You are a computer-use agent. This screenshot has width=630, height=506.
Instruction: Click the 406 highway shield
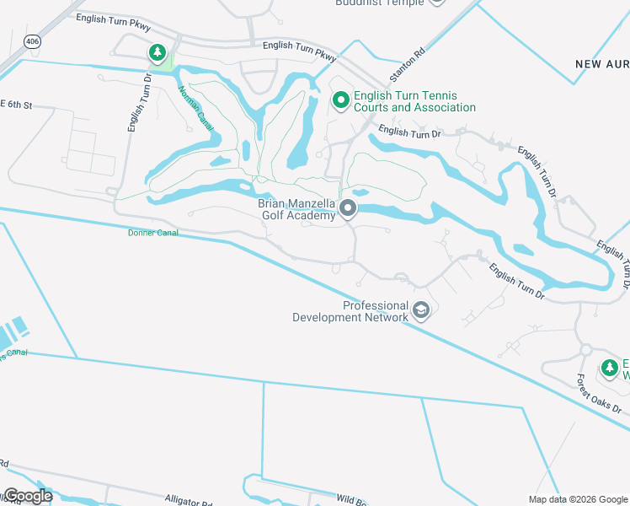coord(32,40)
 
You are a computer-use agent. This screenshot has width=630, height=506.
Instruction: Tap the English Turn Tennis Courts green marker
coord(341,101)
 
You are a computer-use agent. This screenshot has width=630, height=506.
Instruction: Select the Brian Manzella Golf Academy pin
coord(347,209)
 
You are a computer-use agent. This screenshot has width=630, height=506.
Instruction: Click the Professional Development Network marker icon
coord(422,312)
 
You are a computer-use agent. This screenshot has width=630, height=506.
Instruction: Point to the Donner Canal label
coord(152,233)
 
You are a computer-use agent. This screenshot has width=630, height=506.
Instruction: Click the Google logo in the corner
coord(28,496)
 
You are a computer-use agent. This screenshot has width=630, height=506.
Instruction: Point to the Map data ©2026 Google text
coord(579,499)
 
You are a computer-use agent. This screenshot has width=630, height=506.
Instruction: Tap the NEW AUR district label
coord(602,64)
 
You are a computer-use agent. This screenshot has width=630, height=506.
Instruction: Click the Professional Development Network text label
coord(351,311)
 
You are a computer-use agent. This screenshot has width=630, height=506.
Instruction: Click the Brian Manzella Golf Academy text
coord(296,209)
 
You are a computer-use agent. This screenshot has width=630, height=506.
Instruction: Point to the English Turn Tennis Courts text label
coord(414,102)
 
